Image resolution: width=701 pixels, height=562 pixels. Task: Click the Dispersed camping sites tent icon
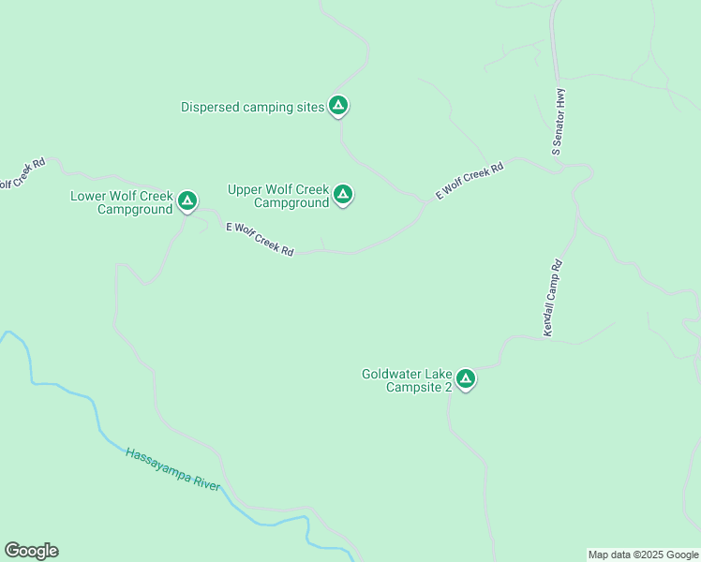(x=339, y=105)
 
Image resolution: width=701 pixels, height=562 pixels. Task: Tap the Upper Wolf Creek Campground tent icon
(x=343, y=194)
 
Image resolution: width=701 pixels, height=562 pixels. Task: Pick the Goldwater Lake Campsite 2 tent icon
(x=466, y=379)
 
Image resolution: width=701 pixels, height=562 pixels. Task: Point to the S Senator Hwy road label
(x=559, y=121)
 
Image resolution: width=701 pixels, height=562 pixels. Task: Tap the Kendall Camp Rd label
(x=552, y=298)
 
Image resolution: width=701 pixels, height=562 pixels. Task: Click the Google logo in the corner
(x=31, y=551)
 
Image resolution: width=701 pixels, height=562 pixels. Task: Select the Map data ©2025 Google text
(x=643, y=555)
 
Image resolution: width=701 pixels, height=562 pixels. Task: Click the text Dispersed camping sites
(x=252, y=107)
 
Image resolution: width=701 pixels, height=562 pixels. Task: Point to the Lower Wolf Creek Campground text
(x=122, y=202)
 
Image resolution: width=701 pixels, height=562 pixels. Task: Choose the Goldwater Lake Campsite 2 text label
(x=408, y=380)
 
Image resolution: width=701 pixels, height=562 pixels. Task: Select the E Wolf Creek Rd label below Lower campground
(x=260, y=240)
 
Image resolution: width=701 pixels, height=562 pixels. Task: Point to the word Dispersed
(x=210, y=107)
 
